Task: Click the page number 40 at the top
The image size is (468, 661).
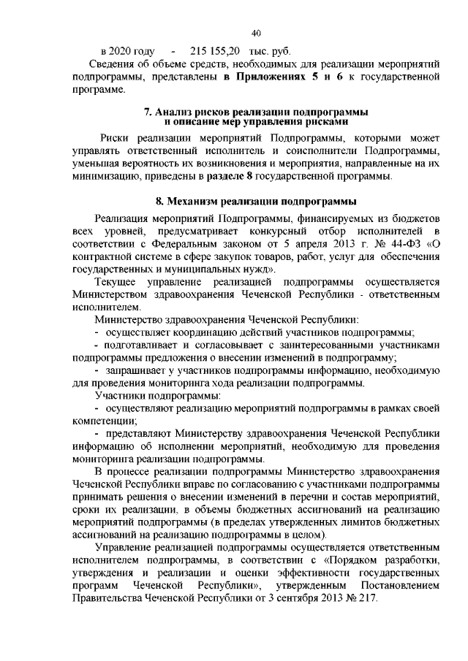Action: [x=256, y=33]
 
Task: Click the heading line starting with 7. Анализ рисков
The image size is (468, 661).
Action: [x=256, y=111]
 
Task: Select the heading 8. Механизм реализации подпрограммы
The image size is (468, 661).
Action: [x=256, y=200]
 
